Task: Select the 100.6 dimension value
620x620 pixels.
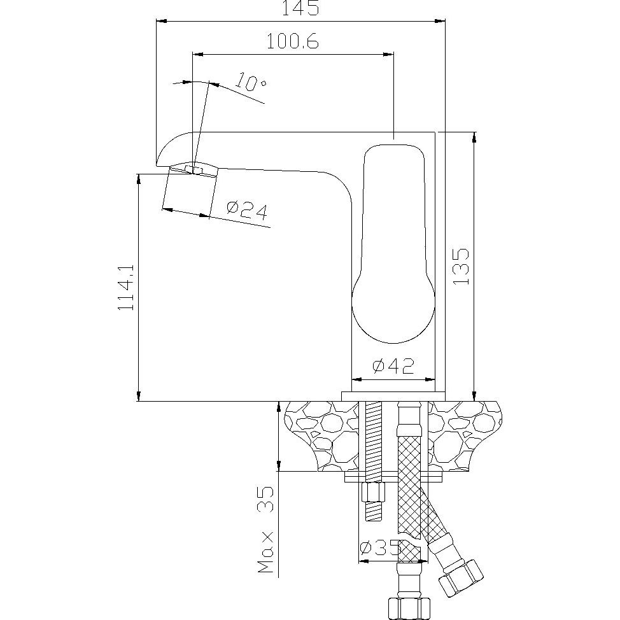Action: pos(292,41)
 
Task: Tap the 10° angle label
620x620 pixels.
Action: pos(250,82)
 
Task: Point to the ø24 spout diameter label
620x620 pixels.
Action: pos(247,209)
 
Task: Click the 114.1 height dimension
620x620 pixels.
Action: pos(127,288)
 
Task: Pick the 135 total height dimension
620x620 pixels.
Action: pos(460,266)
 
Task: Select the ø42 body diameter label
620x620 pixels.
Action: pos(393,366)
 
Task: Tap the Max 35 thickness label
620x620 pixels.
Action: pos(265,530)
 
